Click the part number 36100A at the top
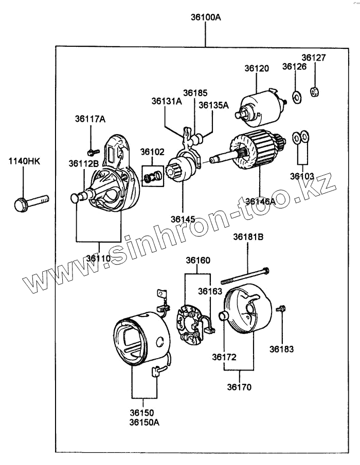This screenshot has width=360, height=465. pos(206,17)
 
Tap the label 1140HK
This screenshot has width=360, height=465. pos(24,161)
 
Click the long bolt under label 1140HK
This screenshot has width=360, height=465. pos(31,201)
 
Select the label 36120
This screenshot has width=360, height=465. pos(257,68)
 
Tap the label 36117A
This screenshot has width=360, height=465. pos(91,119)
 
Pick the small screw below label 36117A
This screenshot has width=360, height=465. pos(92,152)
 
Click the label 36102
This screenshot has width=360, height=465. pos(153,152)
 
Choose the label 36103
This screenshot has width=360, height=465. pos(301,176)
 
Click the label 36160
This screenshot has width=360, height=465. pos(198,260)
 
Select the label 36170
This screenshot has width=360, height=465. pos(240,387)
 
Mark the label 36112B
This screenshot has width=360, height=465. pos(83,163)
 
